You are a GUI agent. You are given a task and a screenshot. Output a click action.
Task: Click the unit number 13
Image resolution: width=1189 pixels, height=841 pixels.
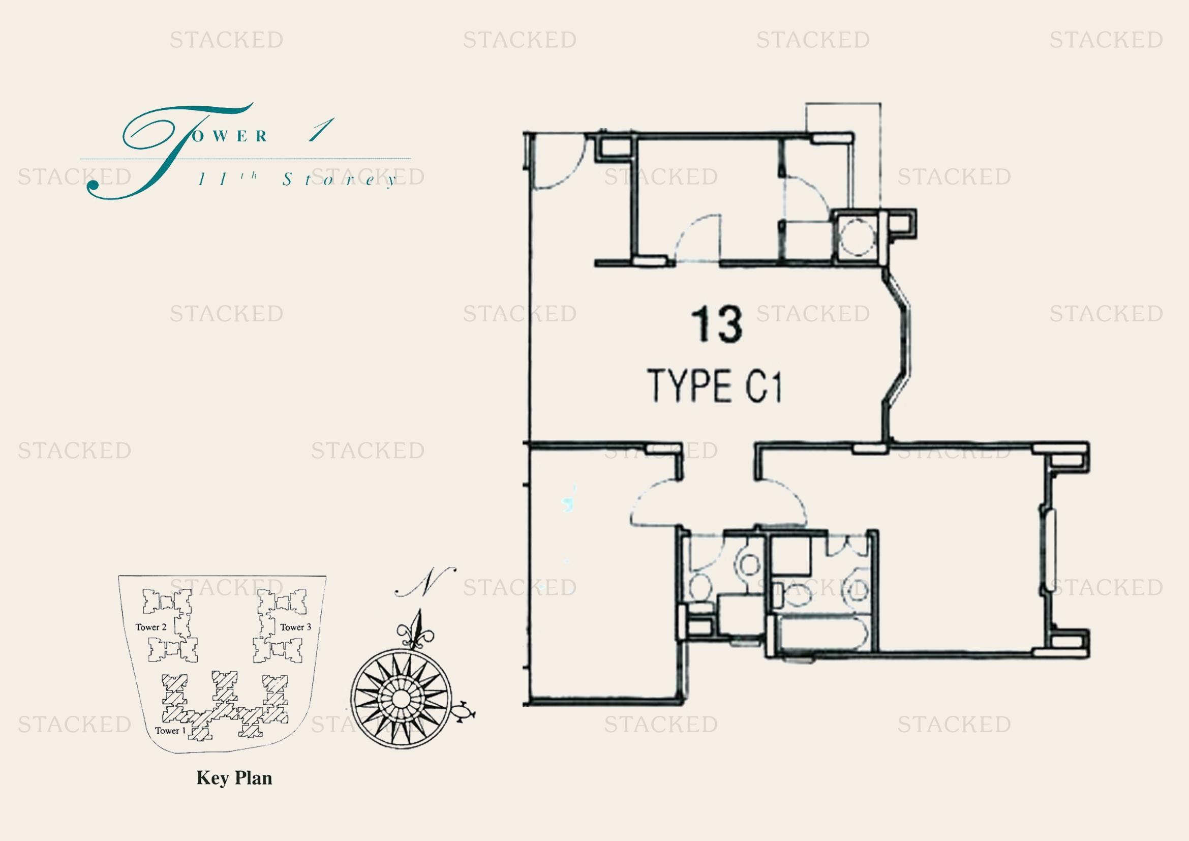tap(717, 324)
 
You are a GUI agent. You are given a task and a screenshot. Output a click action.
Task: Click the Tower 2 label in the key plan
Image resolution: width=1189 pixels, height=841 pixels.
tap(150, 627)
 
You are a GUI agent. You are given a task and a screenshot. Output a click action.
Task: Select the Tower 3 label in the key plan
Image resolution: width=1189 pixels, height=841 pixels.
tap(296, 627)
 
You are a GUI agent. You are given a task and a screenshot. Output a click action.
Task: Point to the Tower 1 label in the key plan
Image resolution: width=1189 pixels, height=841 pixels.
tap(170, 731)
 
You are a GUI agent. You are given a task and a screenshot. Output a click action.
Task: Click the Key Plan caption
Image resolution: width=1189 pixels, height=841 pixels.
tap(234, 778)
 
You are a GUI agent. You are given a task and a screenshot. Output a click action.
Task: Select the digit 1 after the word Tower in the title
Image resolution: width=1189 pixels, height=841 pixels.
tap(322, 130)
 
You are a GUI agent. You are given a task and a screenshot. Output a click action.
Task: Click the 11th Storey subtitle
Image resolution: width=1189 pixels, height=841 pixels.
tap(298, 179)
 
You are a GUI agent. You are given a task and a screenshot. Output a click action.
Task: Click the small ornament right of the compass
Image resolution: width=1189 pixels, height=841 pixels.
tap(464, 712)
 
